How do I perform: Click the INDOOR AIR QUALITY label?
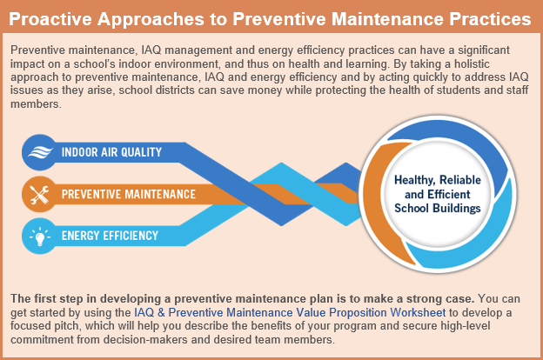[111, 153]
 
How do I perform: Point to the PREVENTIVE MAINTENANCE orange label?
[129, 194]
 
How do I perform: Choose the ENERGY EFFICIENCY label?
[110, 236]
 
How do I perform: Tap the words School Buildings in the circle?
[437, 209]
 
